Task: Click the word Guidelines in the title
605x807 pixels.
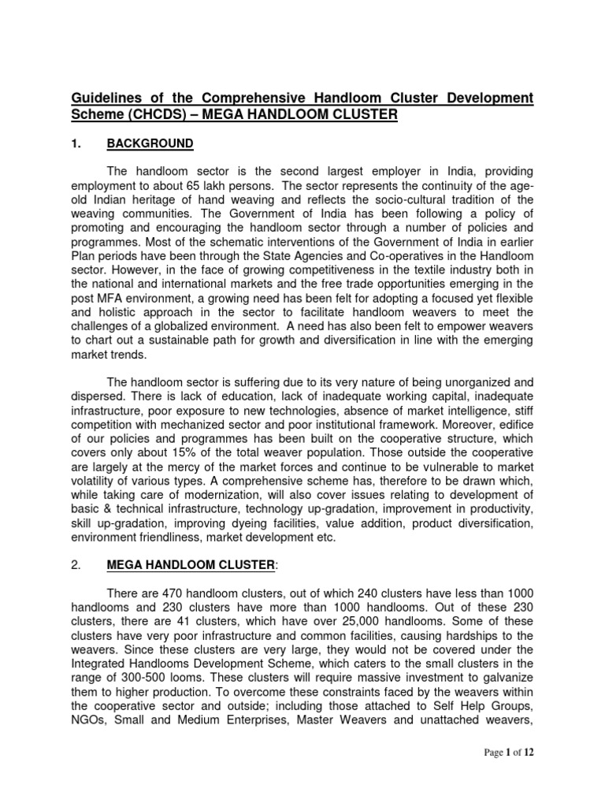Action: (x=100, y=98)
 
